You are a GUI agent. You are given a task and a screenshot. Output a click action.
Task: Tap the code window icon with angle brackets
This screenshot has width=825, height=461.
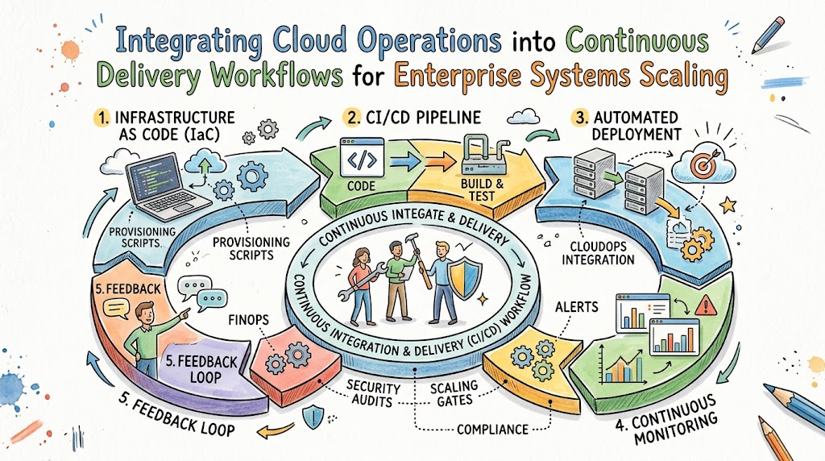click(x=362, y=157)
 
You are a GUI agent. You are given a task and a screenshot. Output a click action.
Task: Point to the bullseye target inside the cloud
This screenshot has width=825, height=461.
click(x=704, y=164)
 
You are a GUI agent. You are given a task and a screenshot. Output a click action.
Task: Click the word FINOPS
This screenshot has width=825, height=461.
click(x=249, y=319)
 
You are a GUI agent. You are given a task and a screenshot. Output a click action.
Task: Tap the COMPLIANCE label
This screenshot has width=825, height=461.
click(x=492, y=430)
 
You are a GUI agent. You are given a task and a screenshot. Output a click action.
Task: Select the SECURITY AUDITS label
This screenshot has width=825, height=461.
click(x=373, y=394)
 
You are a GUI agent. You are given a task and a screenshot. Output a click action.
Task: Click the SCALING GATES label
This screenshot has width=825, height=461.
click(x=454, y=393)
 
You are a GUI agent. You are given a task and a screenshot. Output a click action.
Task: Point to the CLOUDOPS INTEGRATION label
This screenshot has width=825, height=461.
click(x=599, y=252)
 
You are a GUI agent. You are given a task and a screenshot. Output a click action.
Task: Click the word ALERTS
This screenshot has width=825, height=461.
click(x=577, y=306)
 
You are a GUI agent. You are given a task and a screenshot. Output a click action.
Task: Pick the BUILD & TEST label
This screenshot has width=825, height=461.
click(x=482, y=190)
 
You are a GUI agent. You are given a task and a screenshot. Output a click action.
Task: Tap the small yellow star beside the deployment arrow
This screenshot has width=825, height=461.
click(x=728, y=205)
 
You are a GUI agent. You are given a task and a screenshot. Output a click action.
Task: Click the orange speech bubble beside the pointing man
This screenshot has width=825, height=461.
click(x=116, y=309)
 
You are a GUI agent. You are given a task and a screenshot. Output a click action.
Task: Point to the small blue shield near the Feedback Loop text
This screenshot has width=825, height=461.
click(x=313, y=416)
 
